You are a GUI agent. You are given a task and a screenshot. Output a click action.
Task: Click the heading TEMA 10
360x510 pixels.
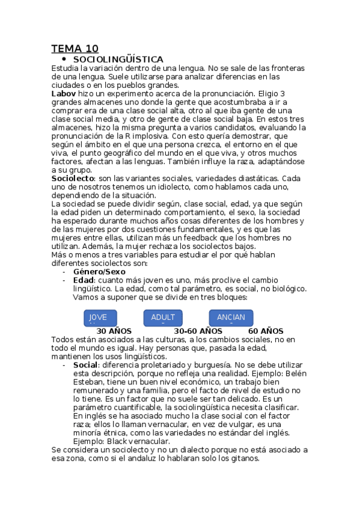(x=75, y=49)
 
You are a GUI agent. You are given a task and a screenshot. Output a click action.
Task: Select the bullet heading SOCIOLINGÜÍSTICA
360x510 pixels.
(x=118, y=60)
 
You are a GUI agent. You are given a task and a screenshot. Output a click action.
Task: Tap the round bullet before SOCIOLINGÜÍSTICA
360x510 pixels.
(x=63, y=59)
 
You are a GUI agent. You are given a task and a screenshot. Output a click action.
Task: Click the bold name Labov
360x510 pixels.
(x=64, y=94)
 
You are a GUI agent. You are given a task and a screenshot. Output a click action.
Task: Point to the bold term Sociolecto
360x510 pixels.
(x=73, y=179)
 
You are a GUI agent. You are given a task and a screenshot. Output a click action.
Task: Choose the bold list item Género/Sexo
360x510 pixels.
(x=99, y=271)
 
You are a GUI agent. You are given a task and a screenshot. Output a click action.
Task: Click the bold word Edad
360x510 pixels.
(x=83, y=280)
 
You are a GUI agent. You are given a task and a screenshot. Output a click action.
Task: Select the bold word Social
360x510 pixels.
(x=85, y=364)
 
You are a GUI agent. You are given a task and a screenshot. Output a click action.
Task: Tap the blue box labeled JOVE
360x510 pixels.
(x=100, y=318)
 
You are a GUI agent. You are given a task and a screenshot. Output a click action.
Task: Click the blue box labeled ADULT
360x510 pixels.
(x=163, y=318)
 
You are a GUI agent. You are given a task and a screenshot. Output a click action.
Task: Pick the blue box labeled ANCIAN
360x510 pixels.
(x=231, y=318)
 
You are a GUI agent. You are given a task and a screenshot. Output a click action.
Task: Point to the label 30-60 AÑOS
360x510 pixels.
(x=198, y=331)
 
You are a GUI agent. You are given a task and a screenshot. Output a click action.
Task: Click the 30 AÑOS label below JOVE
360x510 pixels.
(x=115, y=331)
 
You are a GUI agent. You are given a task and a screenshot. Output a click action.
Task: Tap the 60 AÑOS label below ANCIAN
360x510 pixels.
(x=266, y=331)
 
